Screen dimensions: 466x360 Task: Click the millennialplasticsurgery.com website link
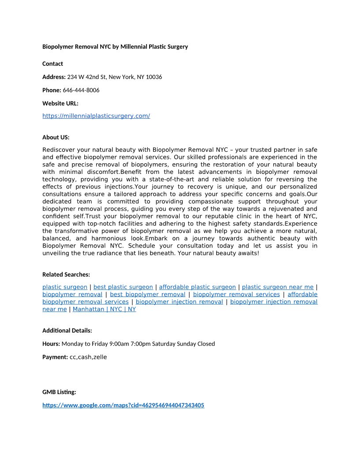(96, 116)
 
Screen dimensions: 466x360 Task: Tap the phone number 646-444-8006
(81, 90)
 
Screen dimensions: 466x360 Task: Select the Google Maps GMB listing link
(123, 405)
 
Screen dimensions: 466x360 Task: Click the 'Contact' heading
(52, 64)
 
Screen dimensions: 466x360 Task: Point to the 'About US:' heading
(56, 137)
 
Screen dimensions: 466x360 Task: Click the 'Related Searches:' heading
(66, 274)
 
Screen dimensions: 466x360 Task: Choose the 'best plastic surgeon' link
(123, 287)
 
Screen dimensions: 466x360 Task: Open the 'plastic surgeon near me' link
(277, 287)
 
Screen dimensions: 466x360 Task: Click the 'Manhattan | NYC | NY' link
(104, 309)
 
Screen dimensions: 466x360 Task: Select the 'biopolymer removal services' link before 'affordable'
(236, 294)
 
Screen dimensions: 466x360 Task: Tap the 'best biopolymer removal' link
(147, 294)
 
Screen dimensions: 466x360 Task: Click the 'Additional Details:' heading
(67, 331)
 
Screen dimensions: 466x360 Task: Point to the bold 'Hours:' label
(51, 344)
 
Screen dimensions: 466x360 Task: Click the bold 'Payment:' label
(55, 357)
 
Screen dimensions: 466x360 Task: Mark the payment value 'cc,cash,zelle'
(88, 357)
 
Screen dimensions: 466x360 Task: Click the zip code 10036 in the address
(154, 77)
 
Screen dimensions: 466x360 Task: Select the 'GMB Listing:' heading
(59, 392)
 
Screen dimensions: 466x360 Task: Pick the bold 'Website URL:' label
(60, 103)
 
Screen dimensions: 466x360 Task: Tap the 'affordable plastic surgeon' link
(197, 287)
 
